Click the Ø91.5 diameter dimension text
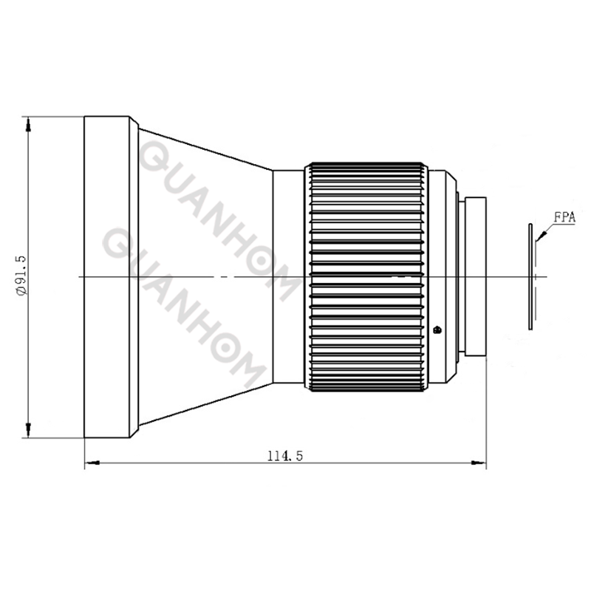pyautogui.click(x=21, y=276)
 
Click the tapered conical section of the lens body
pyautogui.click(x=207, y=222)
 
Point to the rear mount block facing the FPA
pyautogui.click(x=475, y=275)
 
